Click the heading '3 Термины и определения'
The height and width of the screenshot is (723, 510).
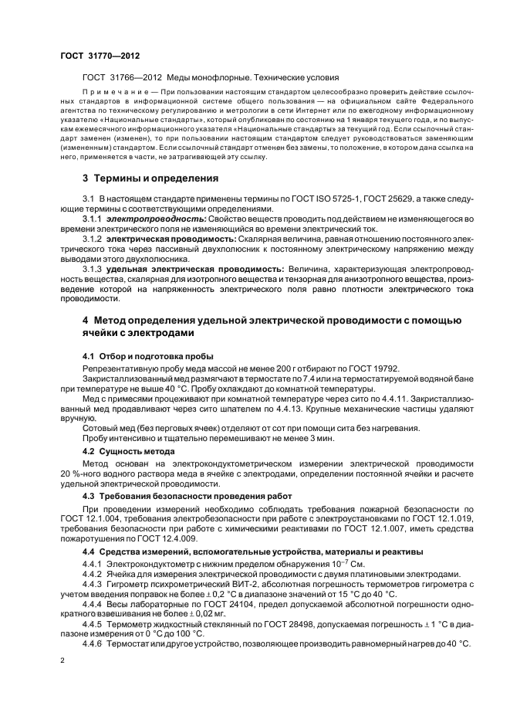(x=150, y=178)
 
